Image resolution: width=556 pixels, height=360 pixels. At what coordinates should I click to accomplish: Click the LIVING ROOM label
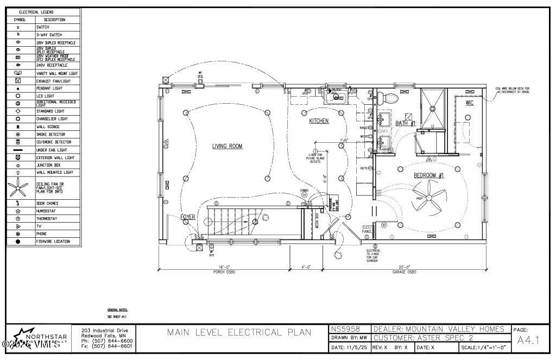(x=227, y=146)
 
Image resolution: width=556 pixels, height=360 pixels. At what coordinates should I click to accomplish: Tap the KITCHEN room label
(x=319, y=121)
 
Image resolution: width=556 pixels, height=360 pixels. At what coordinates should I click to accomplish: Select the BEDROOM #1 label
(x=429, y=175)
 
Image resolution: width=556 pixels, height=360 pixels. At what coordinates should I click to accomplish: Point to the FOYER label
(x=188, y=217)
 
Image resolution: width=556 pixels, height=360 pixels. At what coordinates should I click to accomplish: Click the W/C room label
(x=469, y=103)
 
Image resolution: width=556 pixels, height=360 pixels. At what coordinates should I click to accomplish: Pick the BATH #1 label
(x=405, y=123)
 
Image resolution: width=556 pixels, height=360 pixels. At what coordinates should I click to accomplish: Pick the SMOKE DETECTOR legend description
(x=50, y=134)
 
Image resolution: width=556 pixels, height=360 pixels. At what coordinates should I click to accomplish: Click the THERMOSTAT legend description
(x=47, y=218)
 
